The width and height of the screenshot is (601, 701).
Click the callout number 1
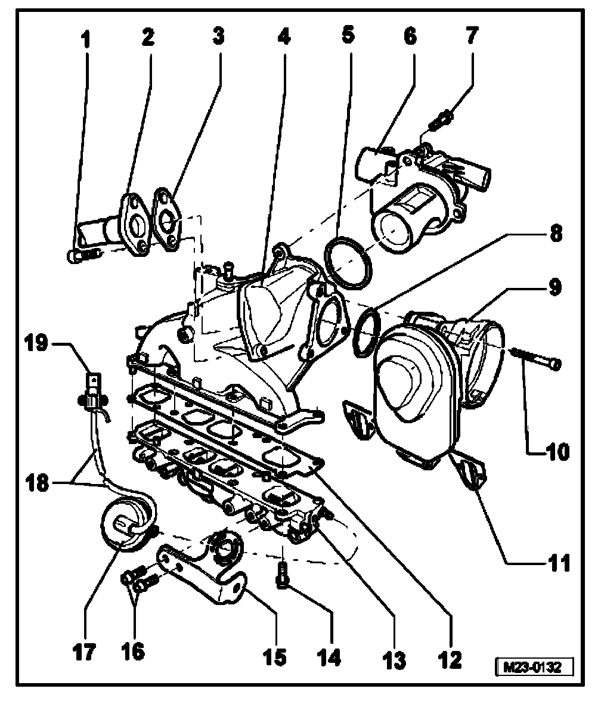[x=86, y=42]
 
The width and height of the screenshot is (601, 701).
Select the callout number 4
[x=283, y=37]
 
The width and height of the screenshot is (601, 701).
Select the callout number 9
[x=554, y=287]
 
